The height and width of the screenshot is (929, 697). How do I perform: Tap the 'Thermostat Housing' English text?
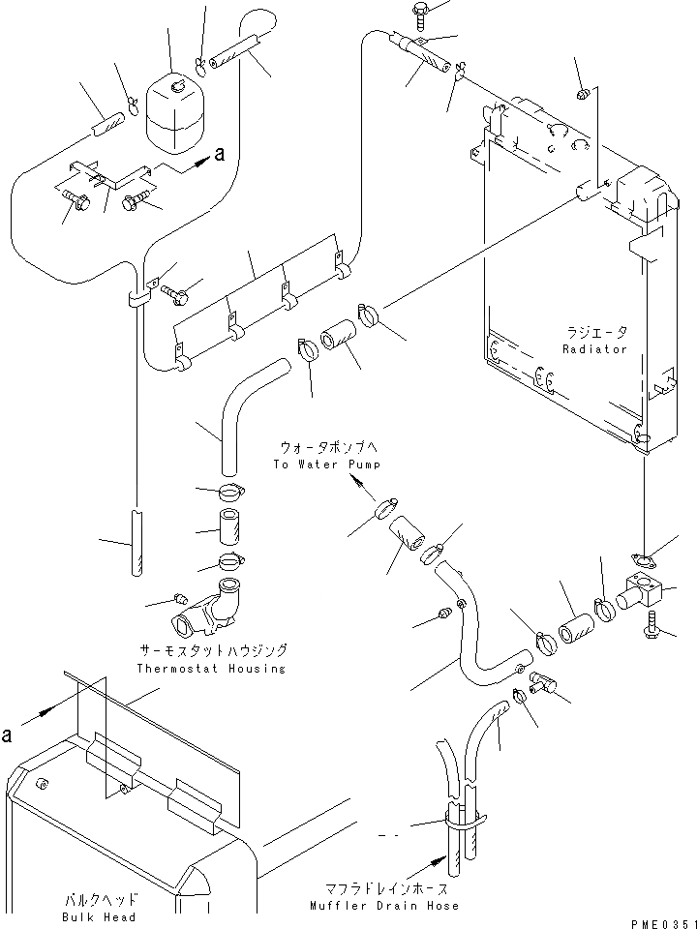211,669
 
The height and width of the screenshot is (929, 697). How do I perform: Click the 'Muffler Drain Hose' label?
385,906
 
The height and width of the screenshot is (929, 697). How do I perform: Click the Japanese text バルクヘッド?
106,899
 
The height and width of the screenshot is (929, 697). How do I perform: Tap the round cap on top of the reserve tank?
177,88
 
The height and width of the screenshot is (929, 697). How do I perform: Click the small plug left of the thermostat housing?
179,595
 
